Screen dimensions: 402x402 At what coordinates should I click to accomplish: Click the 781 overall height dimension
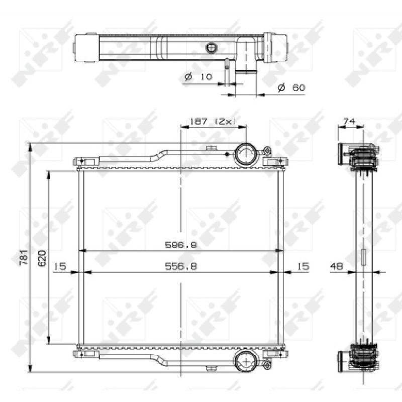tap(23, 257)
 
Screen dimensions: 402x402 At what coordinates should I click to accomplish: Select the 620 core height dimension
tap(42, 258)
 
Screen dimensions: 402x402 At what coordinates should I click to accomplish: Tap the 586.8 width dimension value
tap(181, 245)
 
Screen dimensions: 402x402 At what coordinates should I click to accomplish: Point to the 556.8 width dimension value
tap(181, 267)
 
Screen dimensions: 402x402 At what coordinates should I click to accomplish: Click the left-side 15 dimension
tap(60, 267)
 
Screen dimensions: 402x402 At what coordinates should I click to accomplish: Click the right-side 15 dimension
tap(303, 267)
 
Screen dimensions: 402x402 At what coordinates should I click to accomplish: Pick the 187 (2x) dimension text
tap(212, 121)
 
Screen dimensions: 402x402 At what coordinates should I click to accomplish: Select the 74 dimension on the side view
tap(349, 121)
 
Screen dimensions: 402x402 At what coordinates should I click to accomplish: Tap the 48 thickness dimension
tap(336, 267)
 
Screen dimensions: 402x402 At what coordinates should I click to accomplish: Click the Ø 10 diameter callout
tap(198, 76)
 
